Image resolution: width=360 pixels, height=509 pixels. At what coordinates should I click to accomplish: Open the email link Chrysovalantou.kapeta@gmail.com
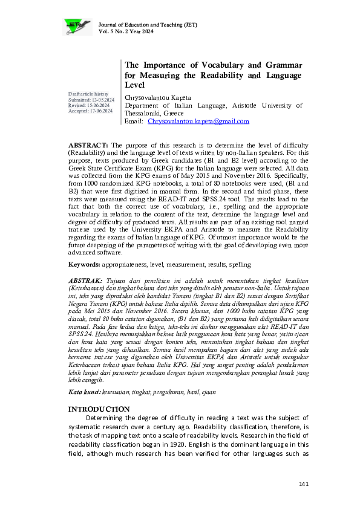(198, 122)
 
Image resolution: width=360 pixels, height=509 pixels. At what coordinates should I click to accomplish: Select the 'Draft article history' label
(88, 94)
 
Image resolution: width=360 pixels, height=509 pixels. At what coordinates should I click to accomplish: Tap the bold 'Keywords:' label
(84, 264)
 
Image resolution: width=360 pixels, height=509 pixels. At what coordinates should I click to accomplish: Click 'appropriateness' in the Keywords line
(126, 264)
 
